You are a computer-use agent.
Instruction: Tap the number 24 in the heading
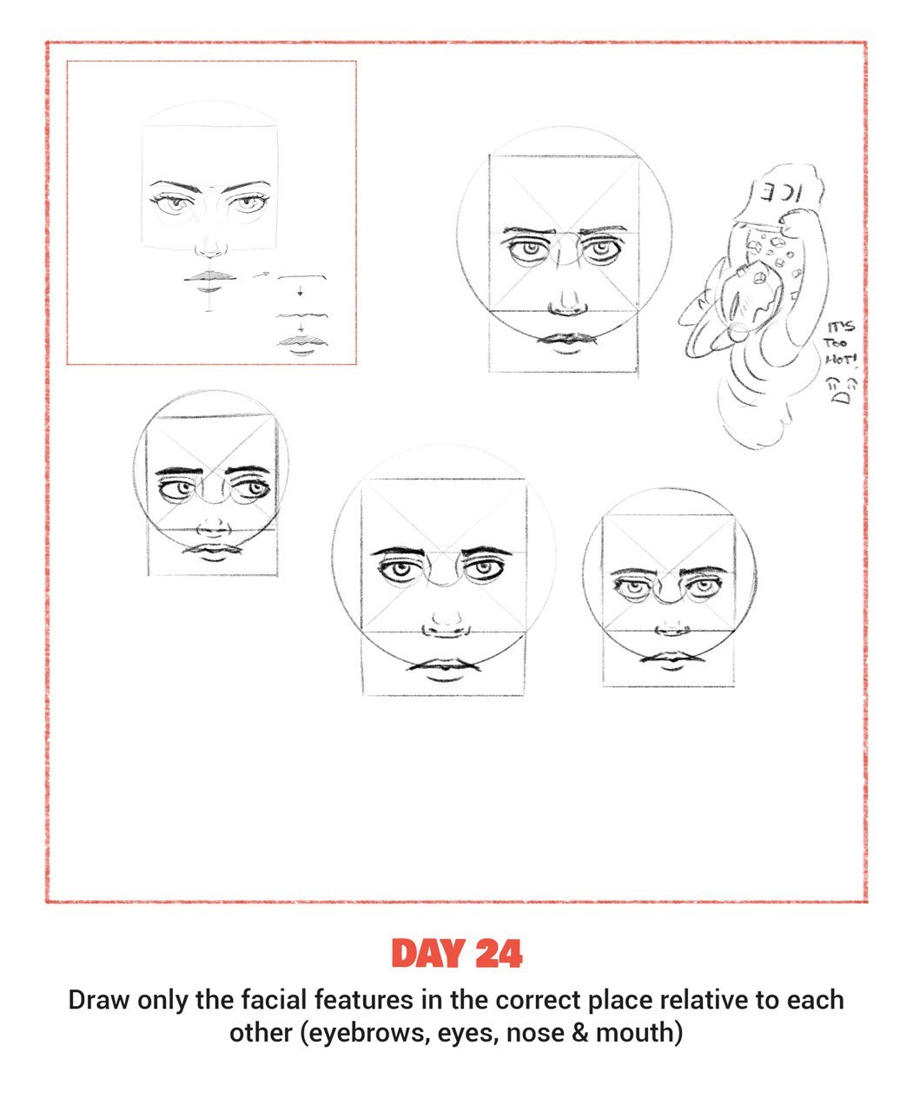tap(499, 953)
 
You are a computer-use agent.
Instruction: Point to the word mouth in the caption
tap(636, 1032)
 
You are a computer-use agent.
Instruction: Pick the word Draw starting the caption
tap(99, 1000)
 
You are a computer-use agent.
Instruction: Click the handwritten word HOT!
tap(841, 360)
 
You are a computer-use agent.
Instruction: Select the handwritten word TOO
tap(835, 343)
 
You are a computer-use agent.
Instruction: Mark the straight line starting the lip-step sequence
tap(302, 275)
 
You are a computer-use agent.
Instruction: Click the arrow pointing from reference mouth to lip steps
tap(261, 275)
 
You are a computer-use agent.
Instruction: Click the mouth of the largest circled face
tap(444, 669)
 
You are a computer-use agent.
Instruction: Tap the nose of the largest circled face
tap(446, 625)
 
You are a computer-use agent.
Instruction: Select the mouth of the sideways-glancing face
tap(212, 552)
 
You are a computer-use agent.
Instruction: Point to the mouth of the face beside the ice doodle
tap(566, 341)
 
